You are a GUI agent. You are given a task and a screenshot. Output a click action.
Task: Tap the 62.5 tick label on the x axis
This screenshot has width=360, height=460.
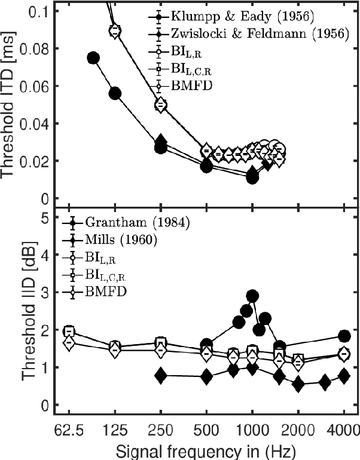tap(69, 429)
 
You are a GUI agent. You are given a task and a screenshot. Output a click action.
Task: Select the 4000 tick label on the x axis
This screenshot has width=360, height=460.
tap(344, 429)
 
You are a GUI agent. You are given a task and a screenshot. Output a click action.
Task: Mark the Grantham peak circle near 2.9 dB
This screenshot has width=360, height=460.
tap(252, 296)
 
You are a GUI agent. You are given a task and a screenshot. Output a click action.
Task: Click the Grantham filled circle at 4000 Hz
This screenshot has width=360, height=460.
tap(344, 336)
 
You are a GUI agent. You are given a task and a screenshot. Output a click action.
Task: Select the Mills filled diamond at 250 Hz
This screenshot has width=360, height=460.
tap(160, 376)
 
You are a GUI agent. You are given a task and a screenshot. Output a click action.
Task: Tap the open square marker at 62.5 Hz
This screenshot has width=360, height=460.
tap(69, 331)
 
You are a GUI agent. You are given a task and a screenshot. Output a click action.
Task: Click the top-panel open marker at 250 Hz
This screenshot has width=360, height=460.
tap(160, 105)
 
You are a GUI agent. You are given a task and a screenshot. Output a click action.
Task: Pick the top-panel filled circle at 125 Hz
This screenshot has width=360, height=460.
tap(115, 93)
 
